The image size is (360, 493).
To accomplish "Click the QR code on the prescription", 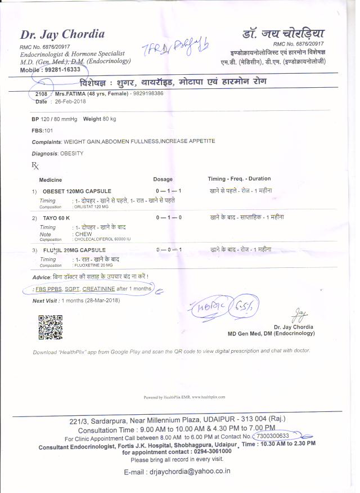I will coord(49,328).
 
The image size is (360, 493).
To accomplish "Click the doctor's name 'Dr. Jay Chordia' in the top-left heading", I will coord(62,34).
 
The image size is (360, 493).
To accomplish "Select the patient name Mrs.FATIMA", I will coord(71,93).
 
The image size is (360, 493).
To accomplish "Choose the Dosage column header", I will coord(163,180).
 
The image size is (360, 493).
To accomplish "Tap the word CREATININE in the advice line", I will coord(98,289).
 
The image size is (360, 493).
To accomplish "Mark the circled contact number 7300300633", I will coord(273,436).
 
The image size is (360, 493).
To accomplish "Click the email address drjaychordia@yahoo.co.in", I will coord(189,471).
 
